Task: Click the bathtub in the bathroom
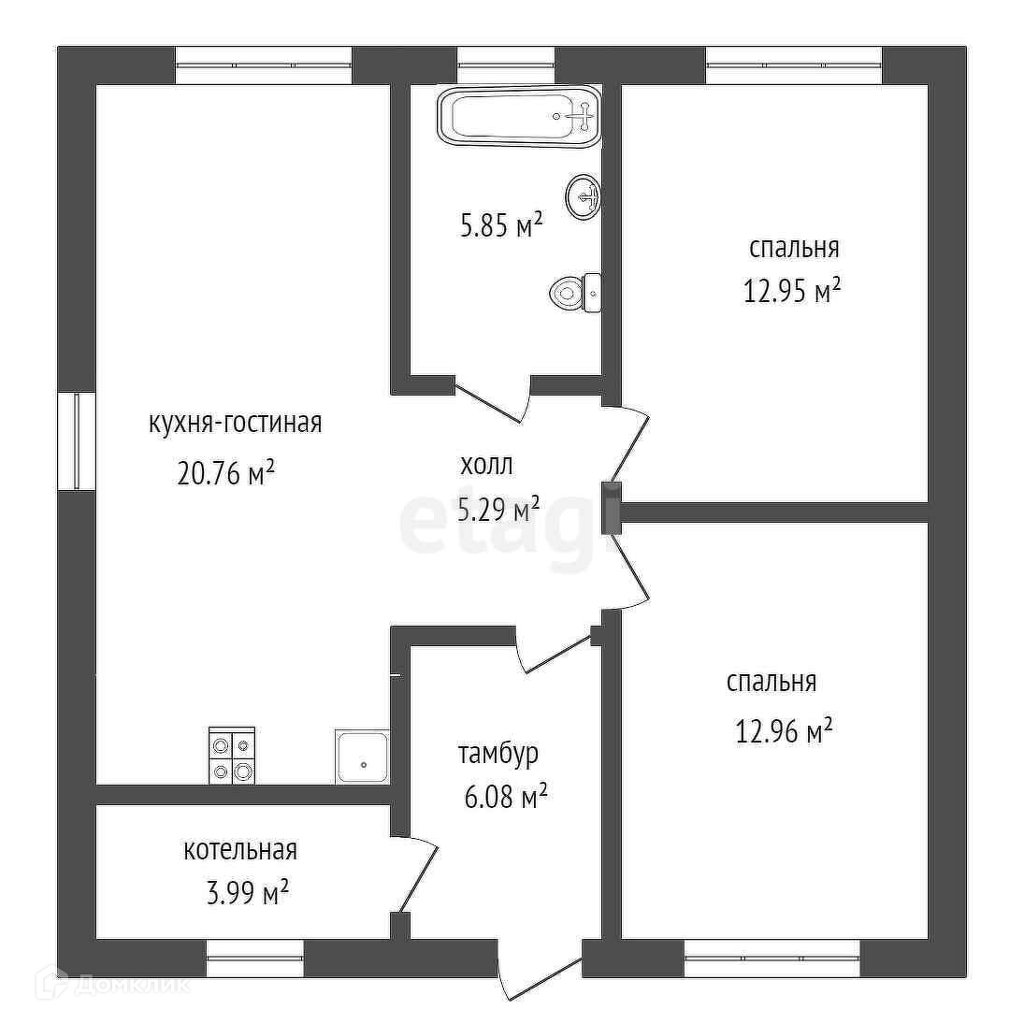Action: pos(520,116)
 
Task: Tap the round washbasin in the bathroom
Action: pos(584,196)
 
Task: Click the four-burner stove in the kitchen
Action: pos(232,755)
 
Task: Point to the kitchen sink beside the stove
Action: pos(363,757)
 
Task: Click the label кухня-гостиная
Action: pos(236,423)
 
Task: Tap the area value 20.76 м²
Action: pos(225,472)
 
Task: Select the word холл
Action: pos(486,466)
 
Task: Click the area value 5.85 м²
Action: pos(501,226)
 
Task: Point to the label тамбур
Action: pos(498,755)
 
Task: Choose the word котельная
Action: pos(240,850)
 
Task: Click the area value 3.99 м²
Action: pos(248,893)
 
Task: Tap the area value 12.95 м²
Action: pos(791,291)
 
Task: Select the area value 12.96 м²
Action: pos(784,730)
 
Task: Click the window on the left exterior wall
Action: pos(77,440)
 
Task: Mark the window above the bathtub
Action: pos(506,65)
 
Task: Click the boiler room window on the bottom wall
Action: pos(255,958)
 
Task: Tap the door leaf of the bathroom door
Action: pos(487,404)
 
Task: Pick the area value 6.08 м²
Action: pos(506,798)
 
